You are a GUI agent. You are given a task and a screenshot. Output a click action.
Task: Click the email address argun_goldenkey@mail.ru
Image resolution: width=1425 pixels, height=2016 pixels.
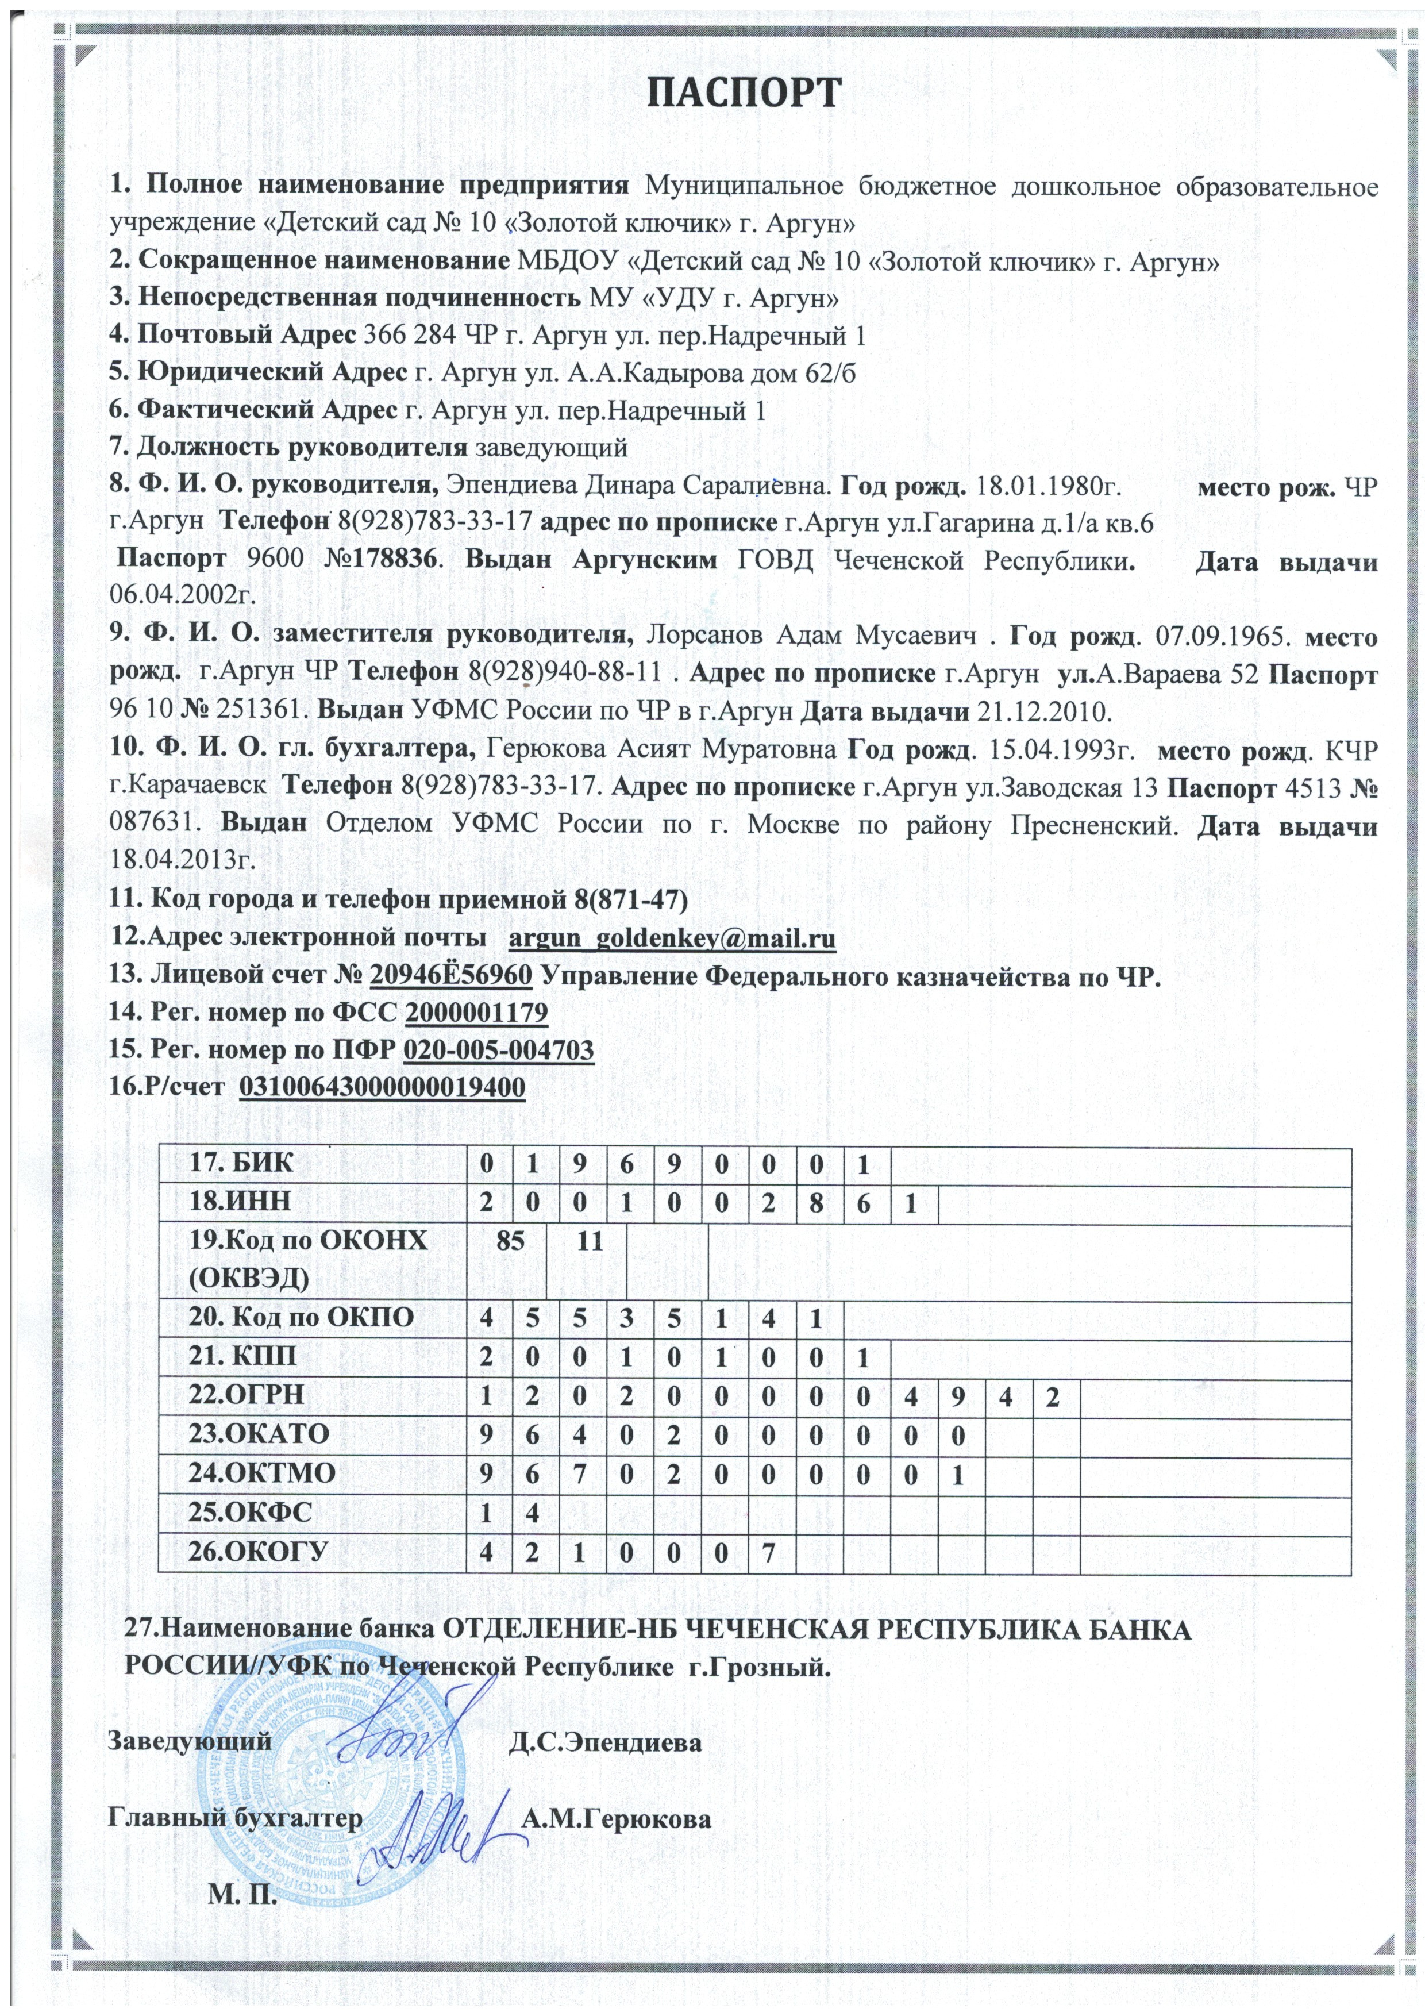coord(672,938)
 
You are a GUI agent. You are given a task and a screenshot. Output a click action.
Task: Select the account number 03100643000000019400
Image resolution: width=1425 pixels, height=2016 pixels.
coord(383,1087)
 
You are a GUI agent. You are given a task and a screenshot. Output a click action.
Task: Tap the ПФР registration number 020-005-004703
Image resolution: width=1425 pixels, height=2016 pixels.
coord(498,1049)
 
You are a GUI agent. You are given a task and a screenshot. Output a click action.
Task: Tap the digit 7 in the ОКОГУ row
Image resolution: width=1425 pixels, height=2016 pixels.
coord(768,1552)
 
